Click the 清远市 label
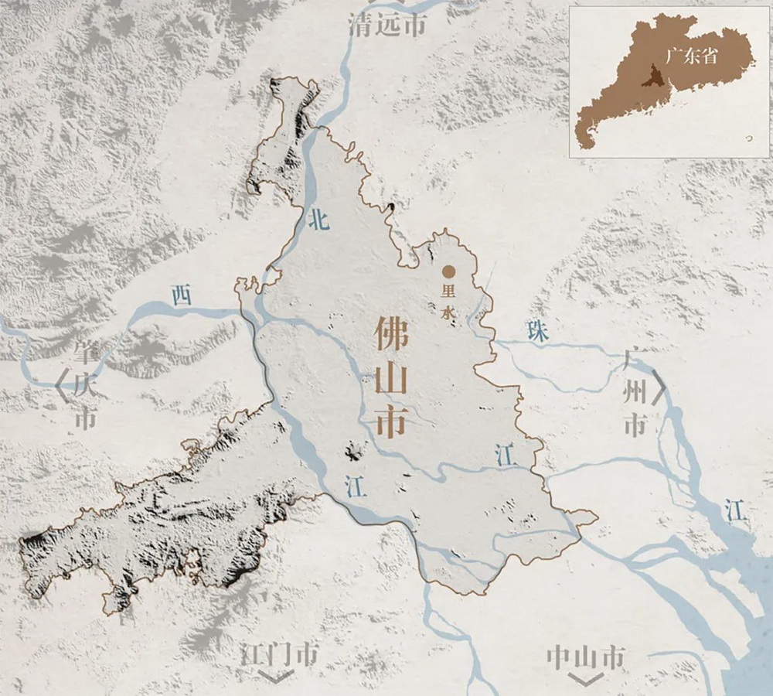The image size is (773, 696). point(387,24)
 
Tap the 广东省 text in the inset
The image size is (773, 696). point(690,57)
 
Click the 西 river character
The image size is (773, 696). point(180,295)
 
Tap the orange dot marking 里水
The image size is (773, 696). point(448,271)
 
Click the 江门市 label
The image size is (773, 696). point(279,655)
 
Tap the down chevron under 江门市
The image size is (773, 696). point(279,677)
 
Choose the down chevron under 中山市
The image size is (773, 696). point(585,678)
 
